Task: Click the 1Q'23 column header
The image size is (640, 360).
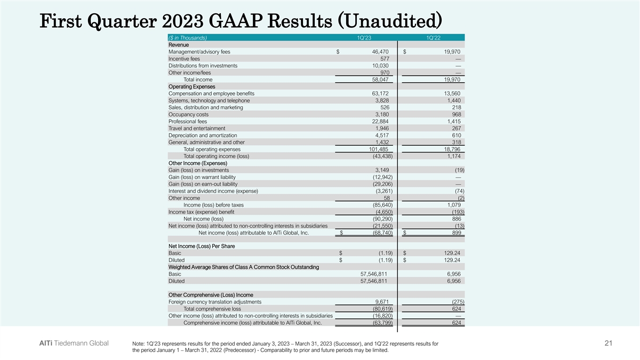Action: coord(365,37)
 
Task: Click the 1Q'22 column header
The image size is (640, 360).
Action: coord(433,37)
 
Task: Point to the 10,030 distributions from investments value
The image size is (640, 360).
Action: coord(383,66)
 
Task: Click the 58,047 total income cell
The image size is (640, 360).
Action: coord(383,79)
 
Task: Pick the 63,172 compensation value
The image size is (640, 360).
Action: coord(383,93)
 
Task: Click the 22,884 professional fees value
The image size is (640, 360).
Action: coord(383,122)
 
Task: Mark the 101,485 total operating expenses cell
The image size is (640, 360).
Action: coord(382,149)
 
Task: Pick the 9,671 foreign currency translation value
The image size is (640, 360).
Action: coord(385,302)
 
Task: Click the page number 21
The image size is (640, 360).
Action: coord(610,345)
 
